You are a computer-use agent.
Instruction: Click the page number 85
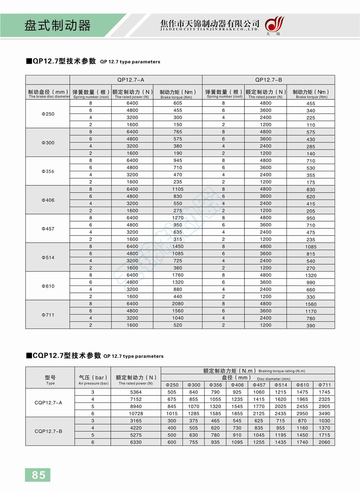pos(38,475)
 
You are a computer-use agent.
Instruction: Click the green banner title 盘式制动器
pos(58,26)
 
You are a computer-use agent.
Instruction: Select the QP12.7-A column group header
pos(131,80)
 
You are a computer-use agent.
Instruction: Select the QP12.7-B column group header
pos(269,80)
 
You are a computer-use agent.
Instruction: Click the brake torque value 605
pos(178,103)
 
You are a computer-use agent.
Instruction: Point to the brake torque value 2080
pos(178,304)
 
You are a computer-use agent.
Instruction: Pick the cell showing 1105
pos(178,189)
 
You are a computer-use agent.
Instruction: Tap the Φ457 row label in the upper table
pos(48,229)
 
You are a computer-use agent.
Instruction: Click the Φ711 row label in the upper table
pos(48,315)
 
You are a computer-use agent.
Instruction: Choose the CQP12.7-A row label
pos(48,403)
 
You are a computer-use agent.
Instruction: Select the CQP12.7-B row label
pos(48,431)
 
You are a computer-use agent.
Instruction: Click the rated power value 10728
pos(136,413)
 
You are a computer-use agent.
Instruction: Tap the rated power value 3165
pos(136,421)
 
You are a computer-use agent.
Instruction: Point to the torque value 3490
pos(324,413)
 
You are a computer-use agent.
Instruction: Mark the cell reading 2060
pos(324,442)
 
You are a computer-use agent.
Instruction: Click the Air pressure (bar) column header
pos(93,380)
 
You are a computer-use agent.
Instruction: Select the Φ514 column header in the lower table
pos(281,385)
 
